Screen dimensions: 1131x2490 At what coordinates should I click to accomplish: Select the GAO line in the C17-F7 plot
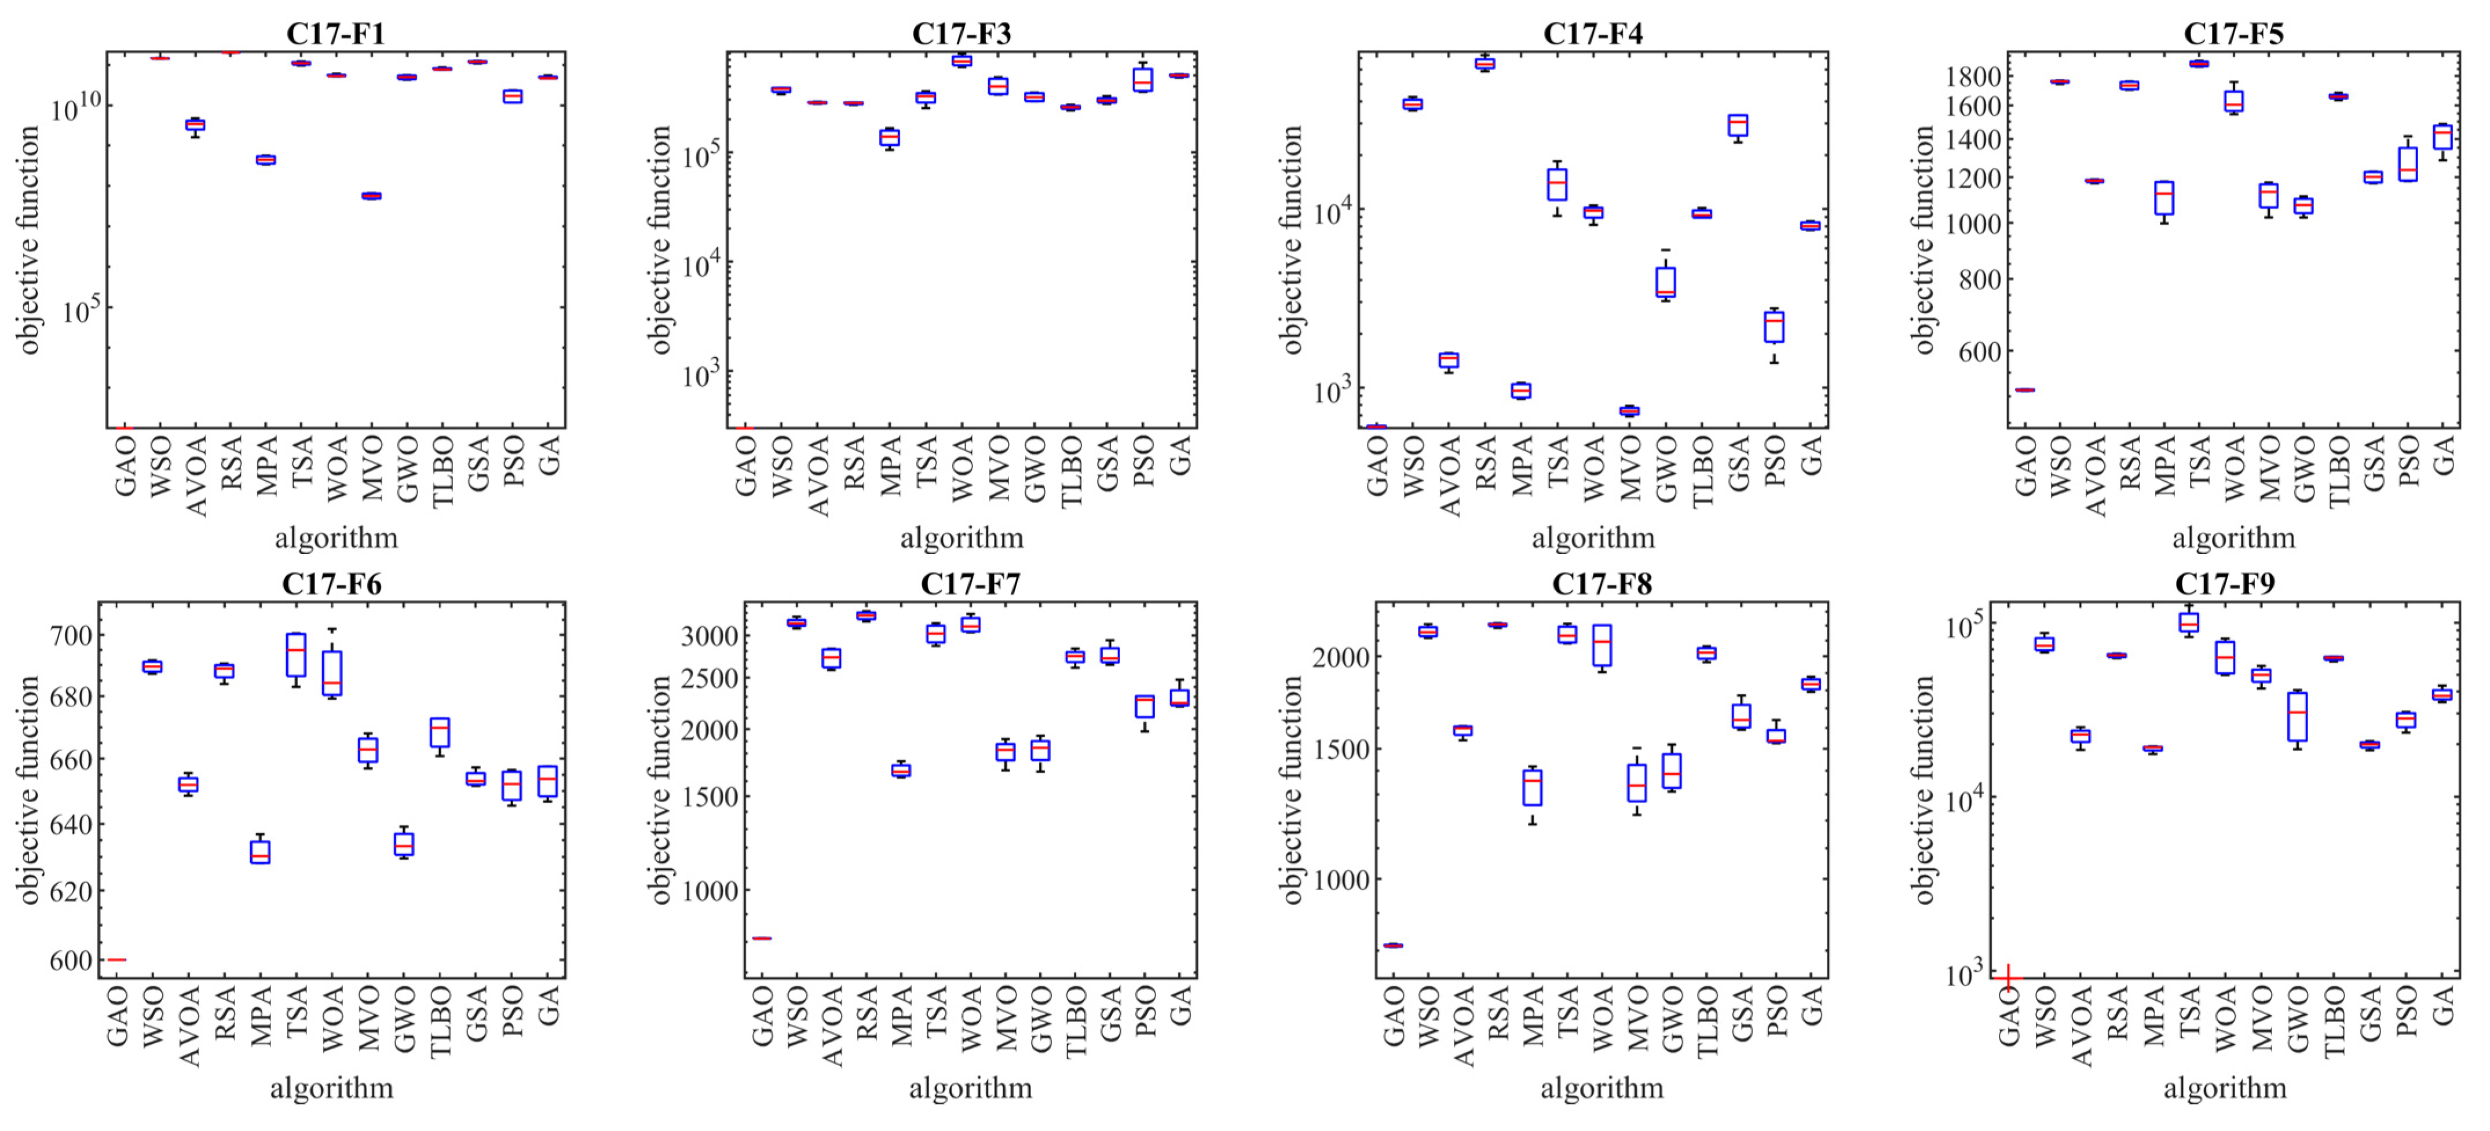tap(762, 938)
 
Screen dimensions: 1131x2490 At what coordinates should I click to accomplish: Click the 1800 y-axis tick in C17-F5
tap(1969, 75)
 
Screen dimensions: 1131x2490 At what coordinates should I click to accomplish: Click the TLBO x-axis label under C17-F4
tap(1703, 471)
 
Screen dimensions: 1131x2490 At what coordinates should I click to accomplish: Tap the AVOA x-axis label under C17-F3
tap(818, 475)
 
